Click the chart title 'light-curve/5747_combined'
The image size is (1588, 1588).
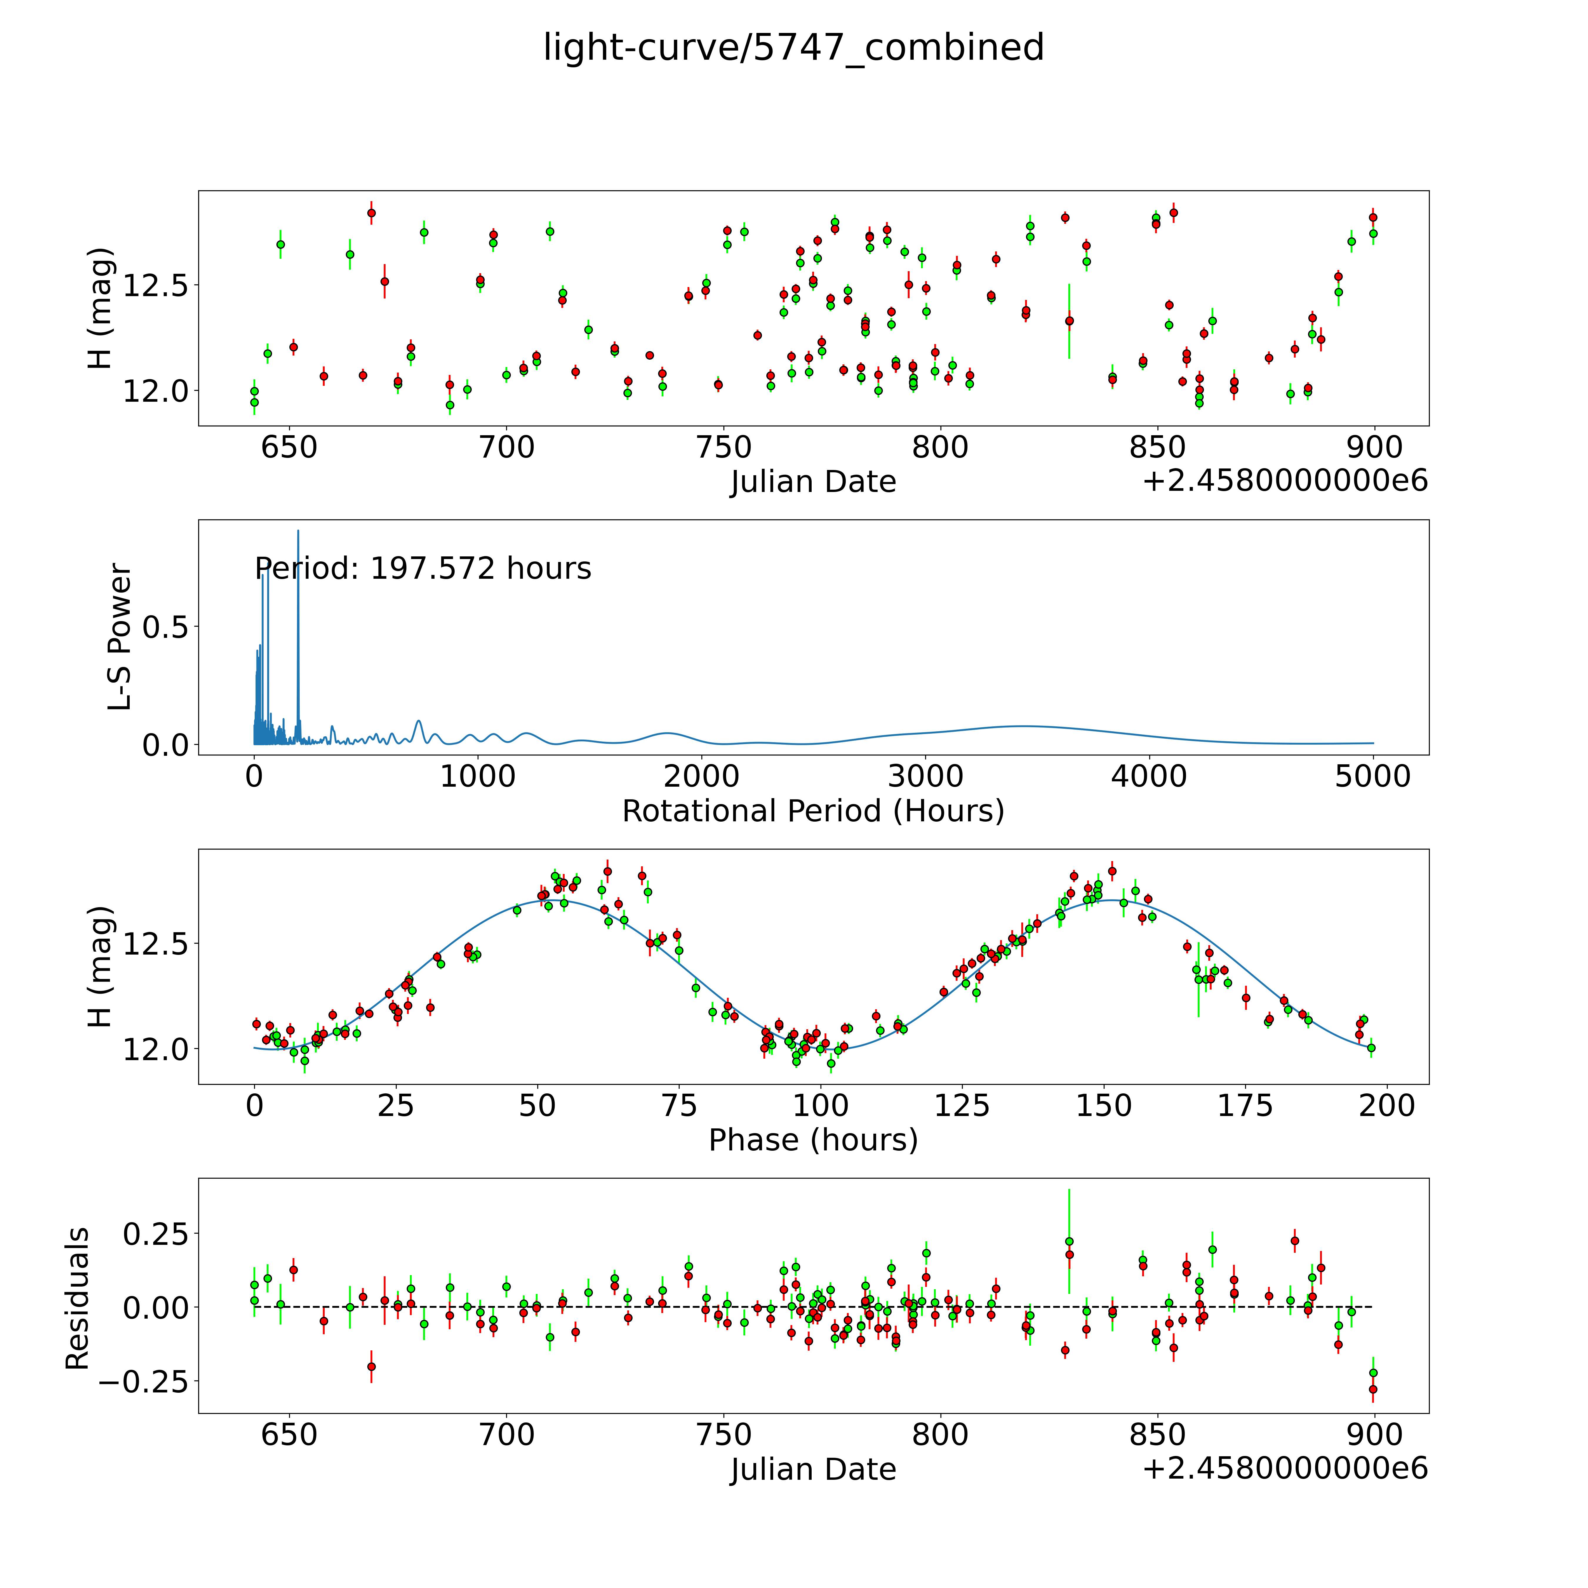tap(793, 48)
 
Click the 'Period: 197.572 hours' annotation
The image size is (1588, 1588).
tap(423, 569)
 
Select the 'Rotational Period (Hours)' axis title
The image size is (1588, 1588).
tap(813, 811)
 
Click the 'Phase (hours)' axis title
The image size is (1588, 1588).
tap(813, 1140)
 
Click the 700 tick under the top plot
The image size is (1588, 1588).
tap(506, 448)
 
